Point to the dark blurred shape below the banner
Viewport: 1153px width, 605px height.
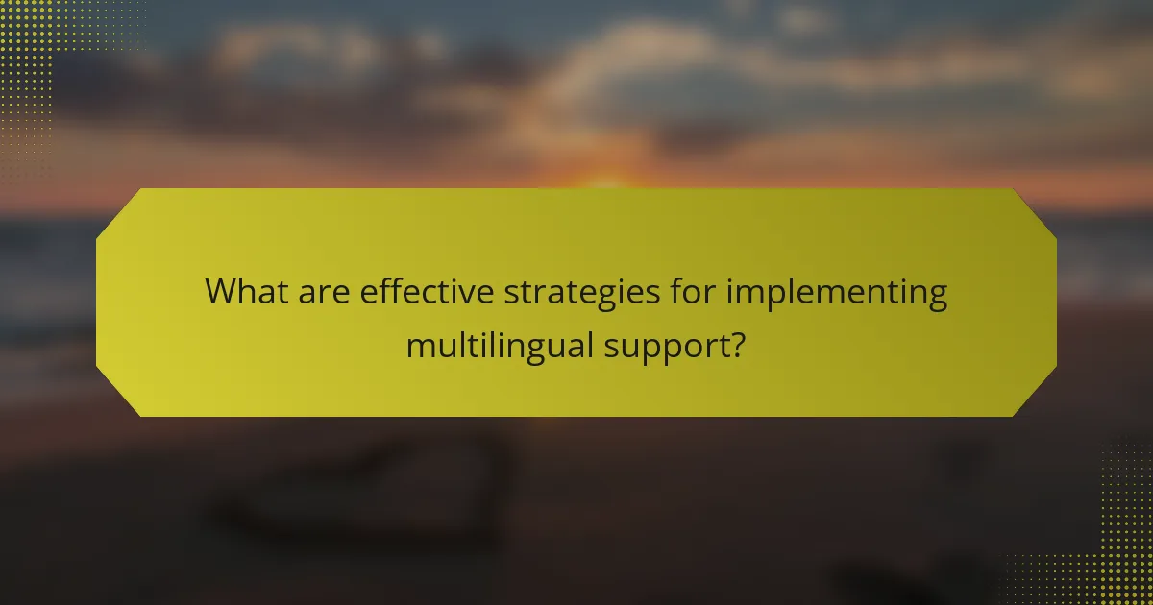pyautogui.click(x=365, y=490)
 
